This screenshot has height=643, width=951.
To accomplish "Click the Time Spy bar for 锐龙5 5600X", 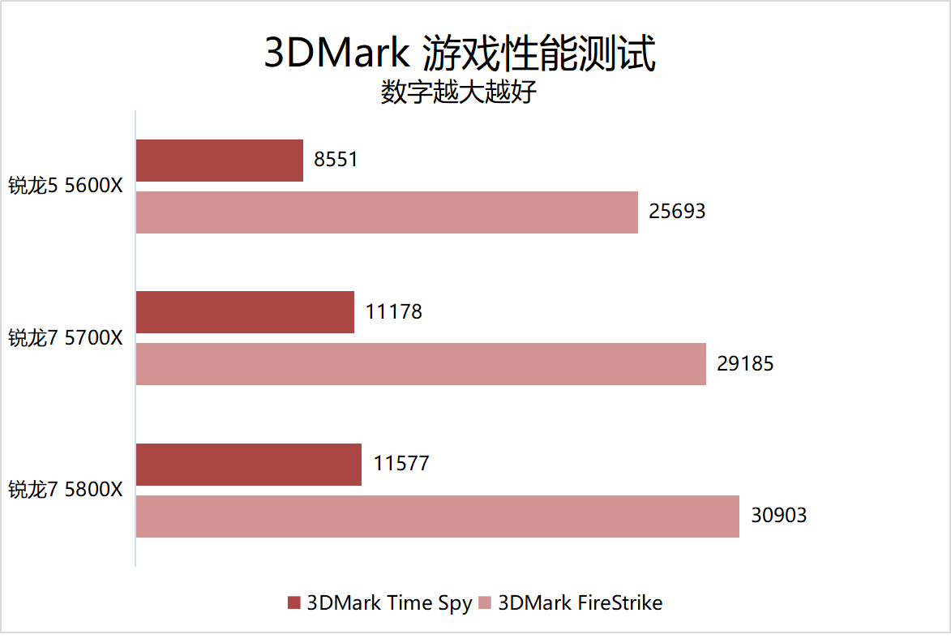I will click(219, 161).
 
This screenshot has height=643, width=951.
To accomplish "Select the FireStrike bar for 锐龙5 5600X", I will click(387, 212).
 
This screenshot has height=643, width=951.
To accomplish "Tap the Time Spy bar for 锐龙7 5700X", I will click(245, 312).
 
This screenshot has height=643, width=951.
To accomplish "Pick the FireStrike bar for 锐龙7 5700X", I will click(421, 364).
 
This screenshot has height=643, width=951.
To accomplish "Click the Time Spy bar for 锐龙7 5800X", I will click(248, 464).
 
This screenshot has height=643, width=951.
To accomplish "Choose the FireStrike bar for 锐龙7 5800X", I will click(437, 516).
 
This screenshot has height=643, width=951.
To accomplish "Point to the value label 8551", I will click(336, 160).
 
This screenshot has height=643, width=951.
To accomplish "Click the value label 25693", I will click(677, 212).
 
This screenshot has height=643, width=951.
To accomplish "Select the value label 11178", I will click(393, 311).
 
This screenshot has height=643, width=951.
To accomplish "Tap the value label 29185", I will click(745, 363).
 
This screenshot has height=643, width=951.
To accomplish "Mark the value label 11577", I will click(401, 464).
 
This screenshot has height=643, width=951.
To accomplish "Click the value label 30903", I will click(778, 515).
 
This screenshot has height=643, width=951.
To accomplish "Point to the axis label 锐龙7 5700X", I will click(66, 337).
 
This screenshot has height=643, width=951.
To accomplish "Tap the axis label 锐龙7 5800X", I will click(66, 490).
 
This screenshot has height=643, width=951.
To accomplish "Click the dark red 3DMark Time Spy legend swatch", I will click(293, 602).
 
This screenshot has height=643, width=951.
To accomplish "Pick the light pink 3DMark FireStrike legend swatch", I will click(485, 602).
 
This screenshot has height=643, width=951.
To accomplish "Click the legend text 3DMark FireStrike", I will click(580, 602).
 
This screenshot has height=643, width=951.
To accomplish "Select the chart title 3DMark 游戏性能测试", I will click(459, 54).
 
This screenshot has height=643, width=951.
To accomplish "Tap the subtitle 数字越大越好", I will click(459, 92).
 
